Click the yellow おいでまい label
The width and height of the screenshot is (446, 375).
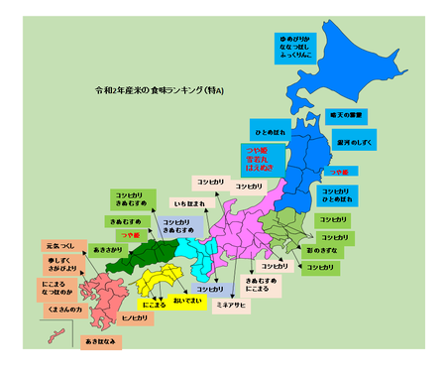click(186, 299)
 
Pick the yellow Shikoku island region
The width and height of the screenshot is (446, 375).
click(159, 283)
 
